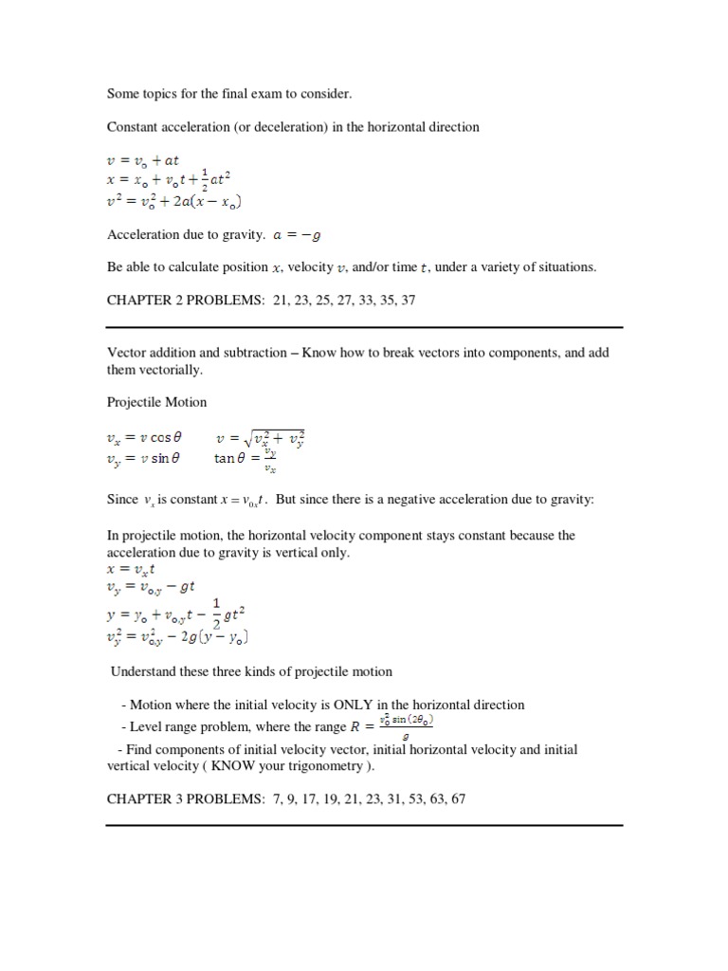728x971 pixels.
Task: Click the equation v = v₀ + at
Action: click(x=143, y=160)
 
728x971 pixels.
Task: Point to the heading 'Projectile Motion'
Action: click(x=156, y=402)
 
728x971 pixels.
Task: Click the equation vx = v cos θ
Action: click(x=144, y=438)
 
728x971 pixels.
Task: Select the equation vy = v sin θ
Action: click(x=143, y=458)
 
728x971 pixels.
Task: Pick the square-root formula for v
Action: click(x=260, y=437)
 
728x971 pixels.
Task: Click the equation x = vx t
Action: click(x=132, y=570)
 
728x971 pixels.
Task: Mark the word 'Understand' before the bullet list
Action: click(x=141, y=672)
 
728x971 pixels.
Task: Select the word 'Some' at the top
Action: click(x=122, y=94)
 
